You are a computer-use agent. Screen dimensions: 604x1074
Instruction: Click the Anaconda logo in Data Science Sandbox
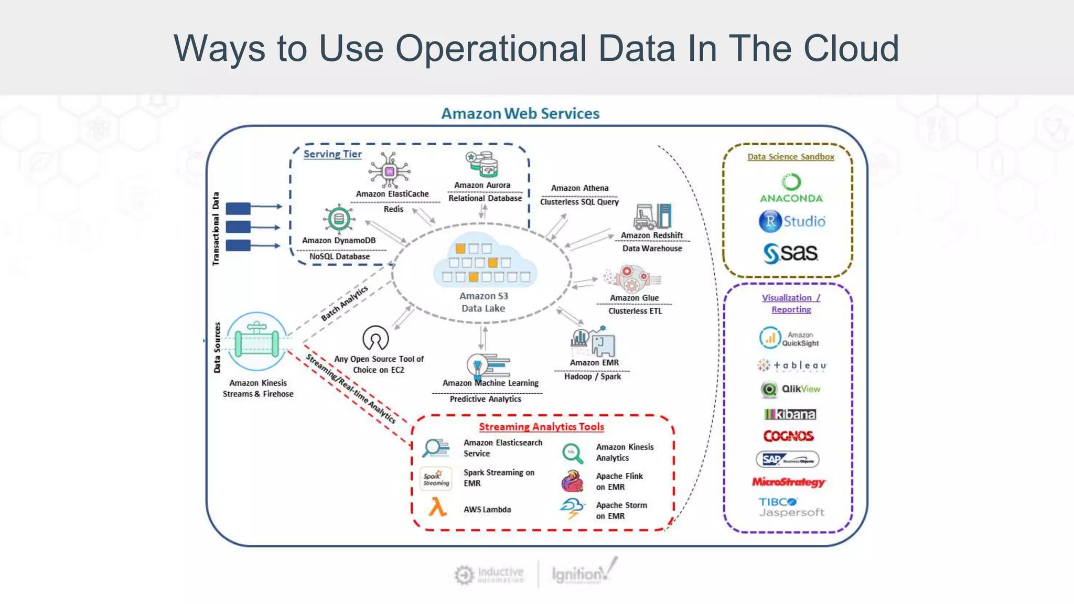(791, 189)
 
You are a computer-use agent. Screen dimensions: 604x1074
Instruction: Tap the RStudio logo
(792, 221)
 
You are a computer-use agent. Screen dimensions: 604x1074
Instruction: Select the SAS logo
(790, 253)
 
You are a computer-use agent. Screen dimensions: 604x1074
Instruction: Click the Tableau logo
(792, 365)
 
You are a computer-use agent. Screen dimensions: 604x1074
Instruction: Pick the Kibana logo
(790, 414)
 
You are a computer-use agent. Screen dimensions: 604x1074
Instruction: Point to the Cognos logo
(788, 436)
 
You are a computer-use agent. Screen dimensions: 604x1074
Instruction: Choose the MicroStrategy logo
(788, 482)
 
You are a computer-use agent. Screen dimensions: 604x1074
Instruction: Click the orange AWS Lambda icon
(437, 508)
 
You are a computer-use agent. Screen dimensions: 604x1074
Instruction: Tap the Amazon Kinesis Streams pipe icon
(256, 342)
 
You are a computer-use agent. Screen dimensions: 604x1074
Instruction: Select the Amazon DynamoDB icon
(338, 219)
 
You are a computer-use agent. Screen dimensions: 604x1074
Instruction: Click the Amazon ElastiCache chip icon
(389, 171)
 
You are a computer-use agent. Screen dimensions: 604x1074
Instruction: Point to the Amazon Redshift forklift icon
(652, 217)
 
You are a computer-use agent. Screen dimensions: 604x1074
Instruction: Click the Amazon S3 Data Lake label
(484, 302)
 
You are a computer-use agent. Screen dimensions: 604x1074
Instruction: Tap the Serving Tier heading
(332, 154)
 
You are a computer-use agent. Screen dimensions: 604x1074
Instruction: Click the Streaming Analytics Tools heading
(541, 427)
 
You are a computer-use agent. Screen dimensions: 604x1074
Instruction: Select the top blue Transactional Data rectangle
(238, 208)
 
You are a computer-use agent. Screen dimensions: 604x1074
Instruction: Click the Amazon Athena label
(579, 188)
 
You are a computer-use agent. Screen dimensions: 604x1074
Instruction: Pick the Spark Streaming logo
(436, 478)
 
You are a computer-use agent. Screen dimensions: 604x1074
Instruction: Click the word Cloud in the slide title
(851, 48)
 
